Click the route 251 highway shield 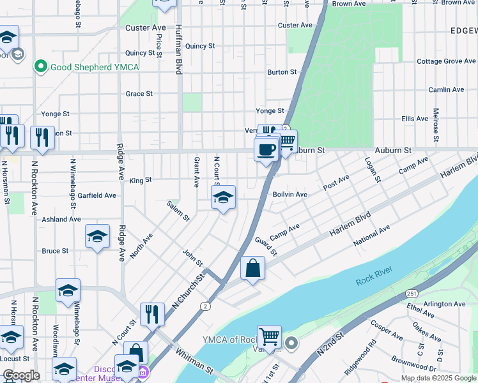click(410, 293)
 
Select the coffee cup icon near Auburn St click(266, 150)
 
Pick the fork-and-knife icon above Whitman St click(151, 313)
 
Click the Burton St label click(282, 72)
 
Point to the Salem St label click(178, 211)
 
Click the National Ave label click(371, 236)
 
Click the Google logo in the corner click(21, 375)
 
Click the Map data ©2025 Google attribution click(439, 378)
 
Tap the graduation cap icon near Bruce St click(97, 237)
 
